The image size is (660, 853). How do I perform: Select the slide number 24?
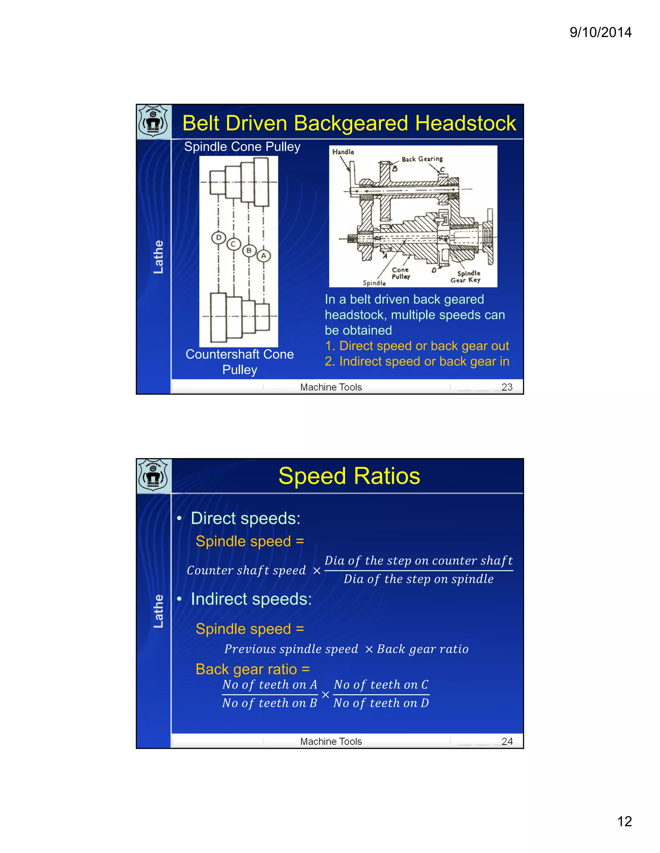coord(507,741)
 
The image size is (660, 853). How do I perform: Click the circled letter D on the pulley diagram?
coord(218,238)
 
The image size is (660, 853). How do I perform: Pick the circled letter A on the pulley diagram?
coord(264,256)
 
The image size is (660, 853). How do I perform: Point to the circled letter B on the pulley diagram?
coord(249,250)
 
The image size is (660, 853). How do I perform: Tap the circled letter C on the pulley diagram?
coord(233,244)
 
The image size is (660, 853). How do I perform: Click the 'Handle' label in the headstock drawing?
coord(343,152)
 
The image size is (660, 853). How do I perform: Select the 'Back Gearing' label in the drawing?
coord(422,159)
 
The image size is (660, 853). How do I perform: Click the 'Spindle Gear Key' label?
coord(466,277)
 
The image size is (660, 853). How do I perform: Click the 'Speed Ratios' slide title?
coord(349,476)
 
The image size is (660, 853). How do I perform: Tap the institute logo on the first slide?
coord(154,121)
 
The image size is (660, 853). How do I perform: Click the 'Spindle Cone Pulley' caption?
coord(242,147)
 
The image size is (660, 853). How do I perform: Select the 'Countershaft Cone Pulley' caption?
coord(240,362)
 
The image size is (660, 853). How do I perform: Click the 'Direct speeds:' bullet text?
coord(245,519)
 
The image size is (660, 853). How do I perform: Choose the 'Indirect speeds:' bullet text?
coord(251,599)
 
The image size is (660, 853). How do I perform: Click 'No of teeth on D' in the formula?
coord(381,703)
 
